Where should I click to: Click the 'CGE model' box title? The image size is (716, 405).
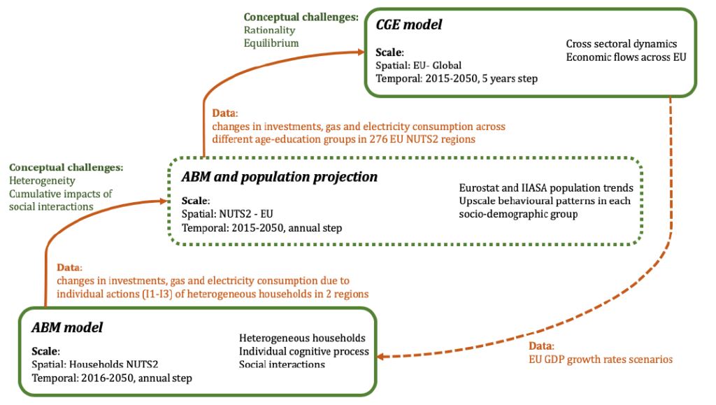point(408,24)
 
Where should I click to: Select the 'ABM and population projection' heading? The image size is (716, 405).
point(280,177)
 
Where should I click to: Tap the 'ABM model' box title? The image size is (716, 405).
point(67,327)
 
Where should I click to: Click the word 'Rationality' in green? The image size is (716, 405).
point(269,30)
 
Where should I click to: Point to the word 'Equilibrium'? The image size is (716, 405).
point(271,43)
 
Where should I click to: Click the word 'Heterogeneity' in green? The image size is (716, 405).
point(42,180)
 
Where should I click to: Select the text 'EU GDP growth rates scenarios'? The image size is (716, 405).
point(601,360)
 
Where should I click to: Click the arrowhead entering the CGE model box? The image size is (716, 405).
point(360,52)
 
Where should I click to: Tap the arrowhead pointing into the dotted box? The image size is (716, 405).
point(163,201)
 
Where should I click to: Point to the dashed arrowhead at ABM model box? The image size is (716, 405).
point(382,356)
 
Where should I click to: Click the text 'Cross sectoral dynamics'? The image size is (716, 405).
point(622,44)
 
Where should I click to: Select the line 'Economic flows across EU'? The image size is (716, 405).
point(626,57)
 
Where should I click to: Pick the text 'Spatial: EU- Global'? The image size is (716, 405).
point(418,65)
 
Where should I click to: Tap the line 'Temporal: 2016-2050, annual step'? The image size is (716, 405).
point(112,378)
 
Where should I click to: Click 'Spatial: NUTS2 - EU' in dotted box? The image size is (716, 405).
point(227,214)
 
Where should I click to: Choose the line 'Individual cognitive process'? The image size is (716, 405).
point(303,352)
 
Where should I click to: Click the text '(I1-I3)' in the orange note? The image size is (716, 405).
point(157,294)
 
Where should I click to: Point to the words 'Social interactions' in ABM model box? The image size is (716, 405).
point(282,364)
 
